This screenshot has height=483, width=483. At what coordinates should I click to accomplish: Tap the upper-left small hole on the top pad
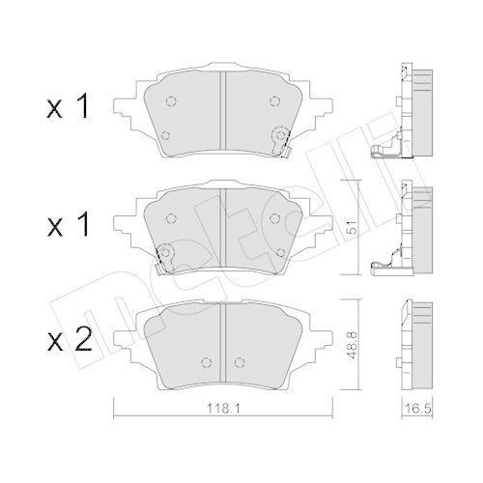coord(169,100)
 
